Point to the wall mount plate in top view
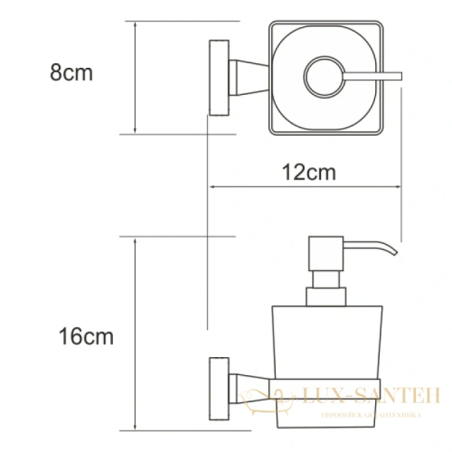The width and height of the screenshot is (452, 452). [218, 77]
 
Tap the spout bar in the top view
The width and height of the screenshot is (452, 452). [373, 75]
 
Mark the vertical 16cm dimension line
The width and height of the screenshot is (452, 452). [134, 334]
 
